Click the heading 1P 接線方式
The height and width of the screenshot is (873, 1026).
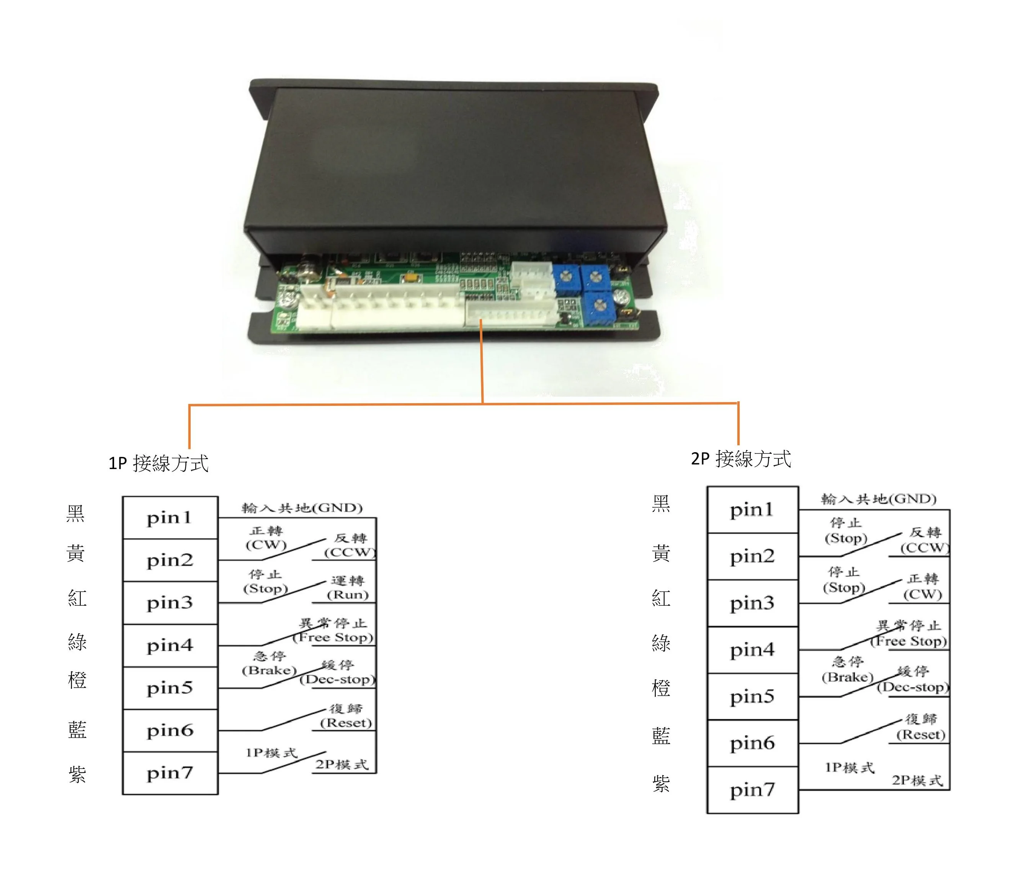[x=158, y=463]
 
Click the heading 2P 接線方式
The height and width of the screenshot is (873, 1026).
[x=740, y=459]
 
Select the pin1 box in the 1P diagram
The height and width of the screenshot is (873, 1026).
[x=170, y=518]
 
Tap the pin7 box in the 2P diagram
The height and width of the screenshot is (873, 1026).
[x=752, y=790]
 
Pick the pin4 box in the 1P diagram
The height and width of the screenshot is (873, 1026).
[x=170, y=645]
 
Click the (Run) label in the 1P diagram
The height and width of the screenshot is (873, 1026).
[x=348, y=594]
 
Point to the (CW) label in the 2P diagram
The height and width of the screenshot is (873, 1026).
[x=922, y=594]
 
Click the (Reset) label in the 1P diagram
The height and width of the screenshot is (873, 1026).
[x=345, y=723]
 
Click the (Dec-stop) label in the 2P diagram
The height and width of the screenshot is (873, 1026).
[x=913, y=687]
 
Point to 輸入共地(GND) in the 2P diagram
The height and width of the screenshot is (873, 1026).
[x=879, y=499]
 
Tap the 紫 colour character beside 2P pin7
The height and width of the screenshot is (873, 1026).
[x=661, y=783]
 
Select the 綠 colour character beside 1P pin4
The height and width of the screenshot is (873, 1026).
[x=77, y=642]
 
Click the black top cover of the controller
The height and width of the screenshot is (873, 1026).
[x=455, y=159]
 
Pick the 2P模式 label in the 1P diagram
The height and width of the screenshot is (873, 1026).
[x=342, y=765]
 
